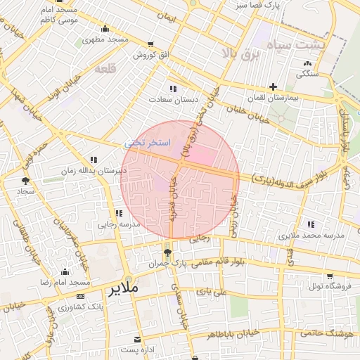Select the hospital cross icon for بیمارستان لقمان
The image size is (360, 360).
(273, 87)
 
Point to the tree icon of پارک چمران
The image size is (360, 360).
(167, 252)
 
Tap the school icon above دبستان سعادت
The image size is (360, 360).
(172, 89)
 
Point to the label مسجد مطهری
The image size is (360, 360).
(105, 39)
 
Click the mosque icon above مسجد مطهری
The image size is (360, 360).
(105, 29)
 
